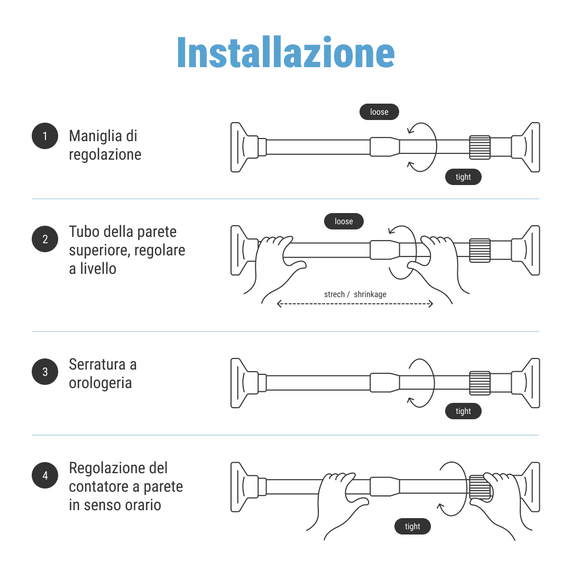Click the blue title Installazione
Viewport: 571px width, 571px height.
click(x=286, y=53)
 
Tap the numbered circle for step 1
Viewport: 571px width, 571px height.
click(x=45, y=136)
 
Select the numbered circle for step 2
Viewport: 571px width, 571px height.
click(x=45, y=239)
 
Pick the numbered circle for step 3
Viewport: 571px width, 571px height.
click(x=45, y=372)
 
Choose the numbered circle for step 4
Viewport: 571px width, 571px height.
click(x=45, y=475)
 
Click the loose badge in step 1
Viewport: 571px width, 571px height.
click(x=379, y=112)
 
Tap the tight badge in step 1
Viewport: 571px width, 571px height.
click(x=463, y=177)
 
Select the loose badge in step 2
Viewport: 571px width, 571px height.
click(x=344, y=222)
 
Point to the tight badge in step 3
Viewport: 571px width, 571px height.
click(x=463, y=411)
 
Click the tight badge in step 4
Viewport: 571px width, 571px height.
click(x=412, y=526)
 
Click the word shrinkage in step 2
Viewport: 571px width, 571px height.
click(x=370, y=294)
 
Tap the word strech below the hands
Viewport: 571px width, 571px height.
click(x=334, y=294)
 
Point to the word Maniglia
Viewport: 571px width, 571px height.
click(x=95, y=136)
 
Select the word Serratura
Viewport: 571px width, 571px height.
click(x=97, y=364)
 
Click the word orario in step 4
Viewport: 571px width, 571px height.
click(x=143, y=505)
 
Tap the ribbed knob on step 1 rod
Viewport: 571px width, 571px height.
click(x=480, y=147)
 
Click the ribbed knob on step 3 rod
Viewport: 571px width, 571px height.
click(x=480, y=383)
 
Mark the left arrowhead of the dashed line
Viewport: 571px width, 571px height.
click(x=279, y=303)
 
